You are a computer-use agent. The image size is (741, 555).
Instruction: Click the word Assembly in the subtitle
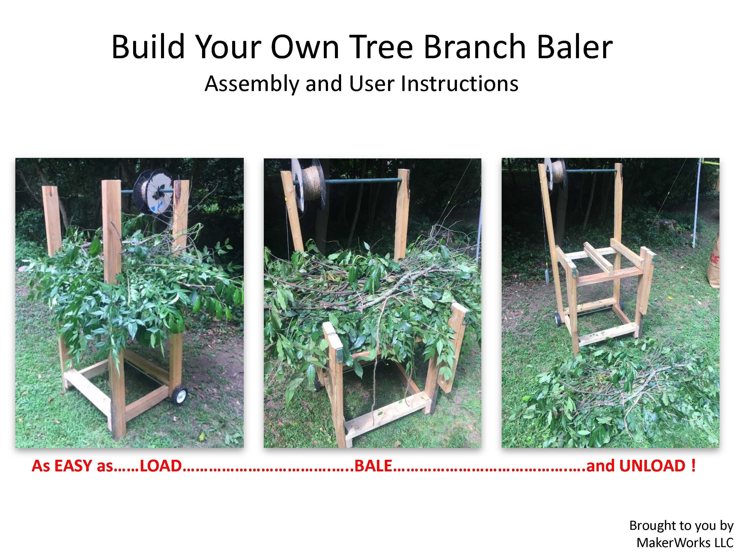pyautogui.click(x=251, y=84)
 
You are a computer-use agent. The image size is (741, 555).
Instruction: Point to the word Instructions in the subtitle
pyautogui.click(x=460, y=84)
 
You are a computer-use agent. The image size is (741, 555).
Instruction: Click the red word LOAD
pyautogui.click(x=161, y=466)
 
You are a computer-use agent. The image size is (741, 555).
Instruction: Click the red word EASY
pyautogui.click(x=73, y=466)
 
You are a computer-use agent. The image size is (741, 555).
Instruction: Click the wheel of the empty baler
pyautogui.click(x=558, y=318)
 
